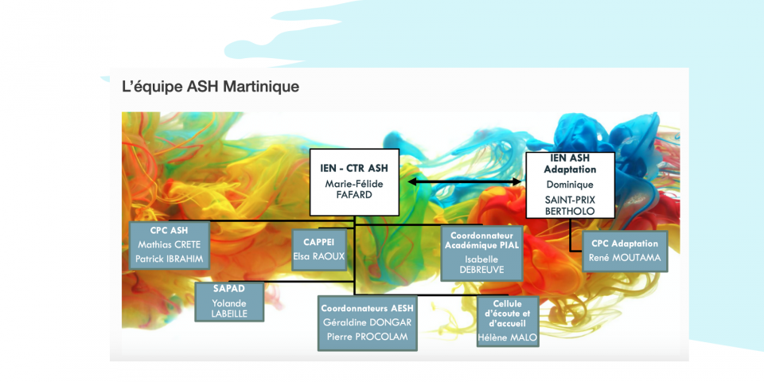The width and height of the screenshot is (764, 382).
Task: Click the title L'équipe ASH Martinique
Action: click(x=210, y=87)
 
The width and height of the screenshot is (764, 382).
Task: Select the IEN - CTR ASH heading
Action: click(x=354, y=169)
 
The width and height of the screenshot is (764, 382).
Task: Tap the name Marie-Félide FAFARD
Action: click(x=354, y=190)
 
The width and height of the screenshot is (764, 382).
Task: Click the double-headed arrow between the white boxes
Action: click(x=464, y=181)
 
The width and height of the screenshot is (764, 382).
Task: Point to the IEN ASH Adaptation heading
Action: click(x=570, y=164)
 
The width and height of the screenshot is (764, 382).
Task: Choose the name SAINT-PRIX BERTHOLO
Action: click(x=570, y=205)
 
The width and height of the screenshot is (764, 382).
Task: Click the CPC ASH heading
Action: click(x=169, y=230)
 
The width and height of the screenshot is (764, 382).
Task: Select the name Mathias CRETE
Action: click(x=169, y=244)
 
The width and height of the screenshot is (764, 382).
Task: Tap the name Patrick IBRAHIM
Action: click(x=169, y=259)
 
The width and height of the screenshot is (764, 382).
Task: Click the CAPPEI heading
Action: click(x=318, y=242)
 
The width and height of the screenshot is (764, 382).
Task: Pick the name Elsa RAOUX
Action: click(x=318, y=255)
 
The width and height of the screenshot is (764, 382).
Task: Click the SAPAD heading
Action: click(x=229, y=288)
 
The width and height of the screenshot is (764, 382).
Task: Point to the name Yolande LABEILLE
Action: click(x=229, y=309)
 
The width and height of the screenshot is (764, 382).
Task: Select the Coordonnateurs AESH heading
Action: click(x=368, y=308)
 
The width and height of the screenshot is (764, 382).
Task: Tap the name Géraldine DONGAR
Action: click(x=368, y=322)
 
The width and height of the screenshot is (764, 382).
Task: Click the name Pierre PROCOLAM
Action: click(x=368, y=337)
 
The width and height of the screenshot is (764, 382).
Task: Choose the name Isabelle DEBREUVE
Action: click(x=481, y=264)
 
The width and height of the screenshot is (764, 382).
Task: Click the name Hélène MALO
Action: click(x=508, y=337)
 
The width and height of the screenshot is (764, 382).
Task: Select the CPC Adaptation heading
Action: click(x=625, y=244)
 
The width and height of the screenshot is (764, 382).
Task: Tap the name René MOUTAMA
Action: click(x=625, y=257)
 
